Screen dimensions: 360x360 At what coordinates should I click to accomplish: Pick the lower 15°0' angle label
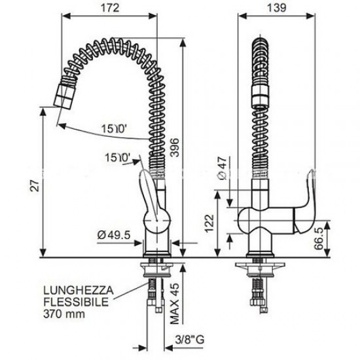(x=119, y=158)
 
